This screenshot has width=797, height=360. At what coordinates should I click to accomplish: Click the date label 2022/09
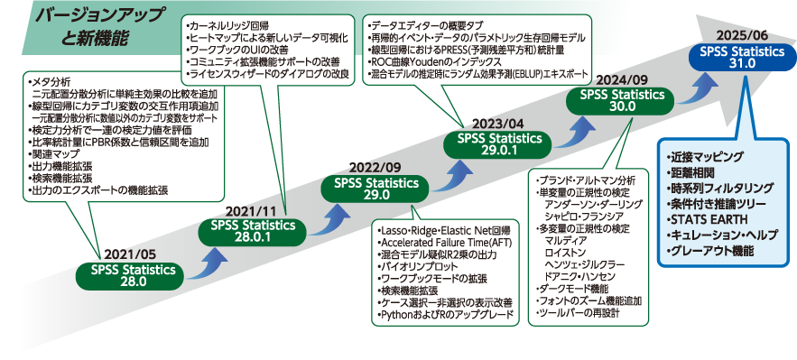(x=374, y=168)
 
